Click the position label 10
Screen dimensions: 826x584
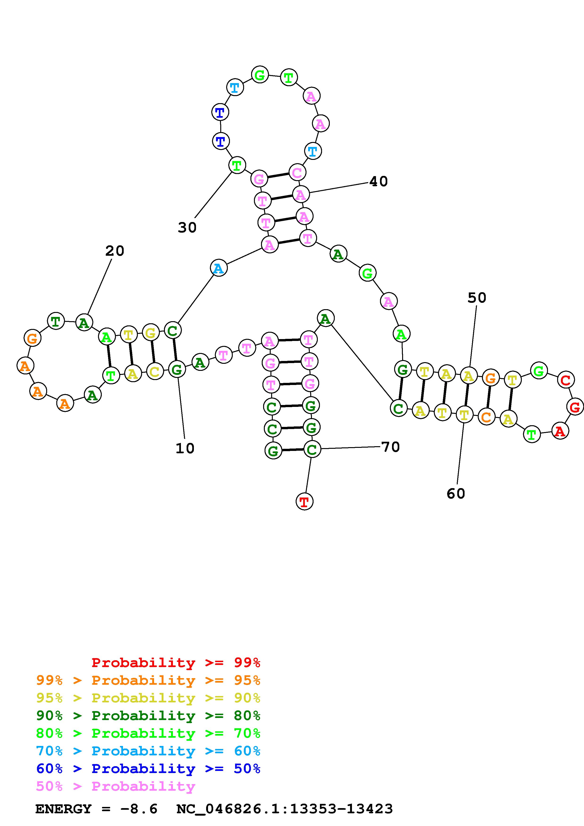pos(185,448)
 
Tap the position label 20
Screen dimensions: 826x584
pos(115,251)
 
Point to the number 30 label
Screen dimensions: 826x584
pos(187,227)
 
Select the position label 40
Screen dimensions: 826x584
pos(379,181)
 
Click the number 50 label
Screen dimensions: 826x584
pos(477,298)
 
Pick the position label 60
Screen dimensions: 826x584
pos(456,494)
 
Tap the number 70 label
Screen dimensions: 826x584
pos(390,447)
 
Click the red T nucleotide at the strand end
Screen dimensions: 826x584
pos(304,502)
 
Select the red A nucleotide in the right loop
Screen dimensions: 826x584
pos(559,431)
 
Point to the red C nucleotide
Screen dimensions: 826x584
pos(565,380)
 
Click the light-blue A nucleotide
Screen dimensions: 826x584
pos(218,268)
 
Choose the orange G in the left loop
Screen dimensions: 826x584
pos(32,338)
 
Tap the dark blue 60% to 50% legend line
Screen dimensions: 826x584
pos(148,769)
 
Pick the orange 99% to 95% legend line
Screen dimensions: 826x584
pos(148,680)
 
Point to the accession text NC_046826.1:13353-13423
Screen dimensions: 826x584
pos(284,809)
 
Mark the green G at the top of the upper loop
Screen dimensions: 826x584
pos(259,75)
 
